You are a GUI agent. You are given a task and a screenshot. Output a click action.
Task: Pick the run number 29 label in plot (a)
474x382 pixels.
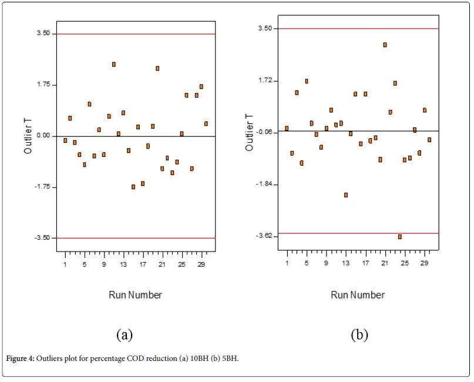click(201, 264)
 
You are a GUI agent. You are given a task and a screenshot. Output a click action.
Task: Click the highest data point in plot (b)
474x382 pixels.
click(385, 45)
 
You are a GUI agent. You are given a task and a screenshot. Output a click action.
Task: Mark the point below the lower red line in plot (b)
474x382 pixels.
click(399, 237)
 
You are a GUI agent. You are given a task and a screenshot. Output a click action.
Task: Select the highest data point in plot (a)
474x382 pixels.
click(114, 64)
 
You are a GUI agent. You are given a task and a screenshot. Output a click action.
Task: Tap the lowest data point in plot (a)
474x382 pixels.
click(133, 187)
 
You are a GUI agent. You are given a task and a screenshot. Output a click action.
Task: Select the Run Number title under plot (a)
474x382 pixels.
click(135, 294)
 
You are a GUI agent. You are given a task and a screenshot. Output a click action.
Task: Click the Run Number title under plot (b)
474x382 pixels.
click(358, 294)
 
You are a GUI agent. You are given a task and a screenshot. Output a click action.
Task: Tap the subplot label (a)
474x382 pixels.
click(124, 334)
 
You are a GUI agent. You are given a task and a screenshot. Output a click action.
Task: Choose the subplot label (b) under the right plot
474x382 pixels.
click(359, 334)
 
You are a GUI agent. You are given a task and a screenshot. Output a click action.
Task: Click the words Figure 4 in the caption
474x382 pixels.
click(20, 358)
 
